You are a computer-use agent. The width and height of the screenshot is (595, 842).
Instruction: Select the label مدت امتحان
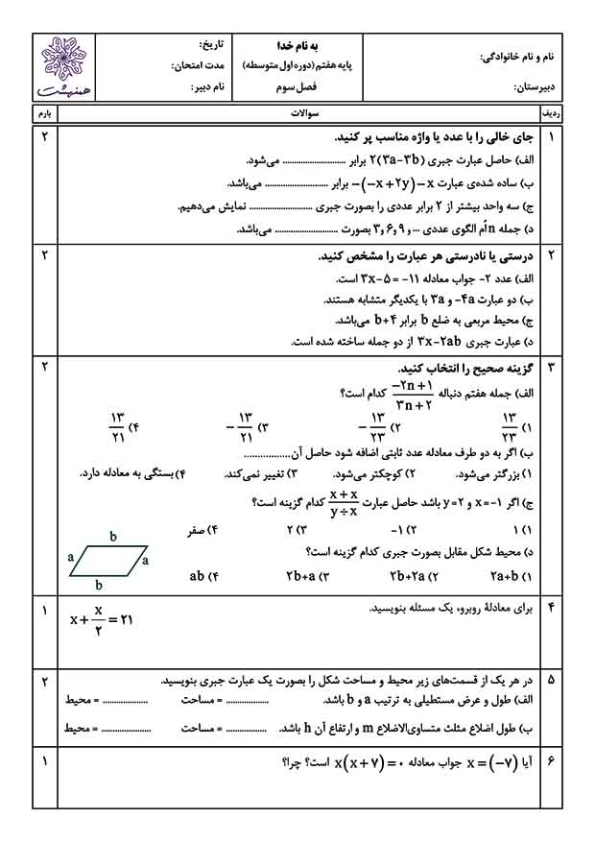pyautogui.click(x=198, y=66)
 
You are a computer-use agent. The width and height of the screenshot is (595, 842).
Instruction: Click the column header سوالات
pyautogui.click(x=298, y=113)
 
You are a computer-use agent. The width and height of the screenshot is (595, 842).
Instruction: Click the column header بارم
pyautogui.click(x=44, y=113)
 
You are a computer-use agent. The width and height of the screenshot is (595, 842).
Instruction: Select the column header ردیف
pyautogui.click(x=552, y=113)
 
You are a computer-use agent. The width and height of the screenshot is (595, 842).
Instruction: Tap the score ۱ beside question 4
pyautogui.click(x=44, y=609)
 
